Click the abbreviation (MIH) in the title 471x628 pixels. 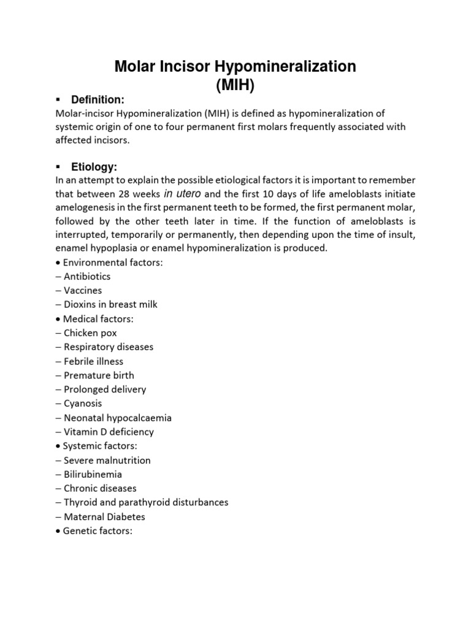click(x=235, y=85)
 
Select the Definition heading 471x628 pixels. click(x=98, y=99)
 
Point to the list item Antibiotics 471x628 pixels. click(x=86, y=276)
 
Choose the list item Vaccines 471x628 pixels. click(x=82, y=290)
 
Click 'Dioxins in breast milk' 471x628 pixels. click(x=106, y=304)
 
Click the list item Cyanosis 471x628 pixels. click(x=82, y=404)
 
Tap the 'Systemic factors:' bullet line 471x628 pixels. click(x=98, y=446)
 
